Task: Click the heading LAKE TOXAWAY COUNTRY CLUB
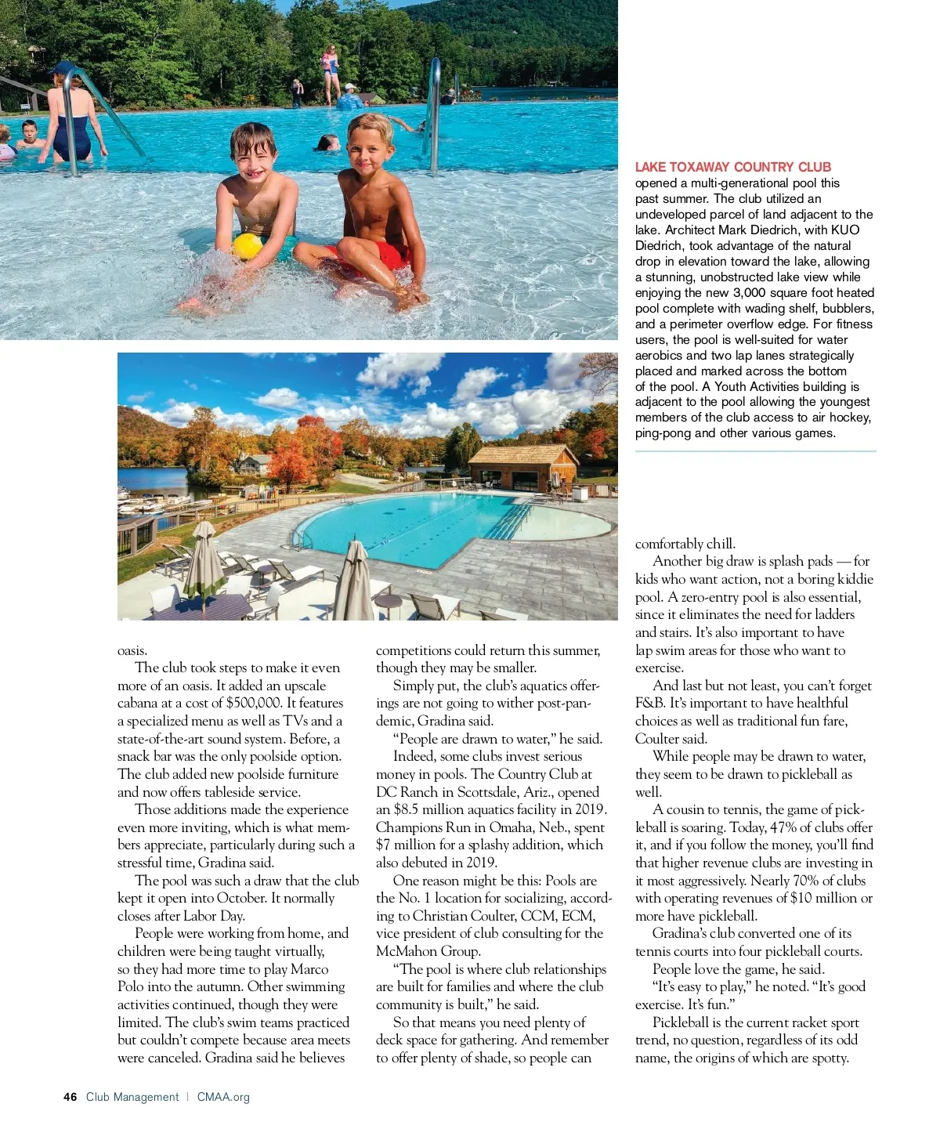click(x=732, y=167)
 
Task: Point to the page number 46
click(x=70, y=1097)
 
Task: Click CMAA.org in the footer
click(x=223, y=1097)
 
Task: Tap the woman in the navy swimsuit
click(x=69, y=118)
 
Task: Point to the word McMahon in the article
click(x=404, y=951)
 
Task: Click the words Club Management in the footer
click(x=132, y=1097)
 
